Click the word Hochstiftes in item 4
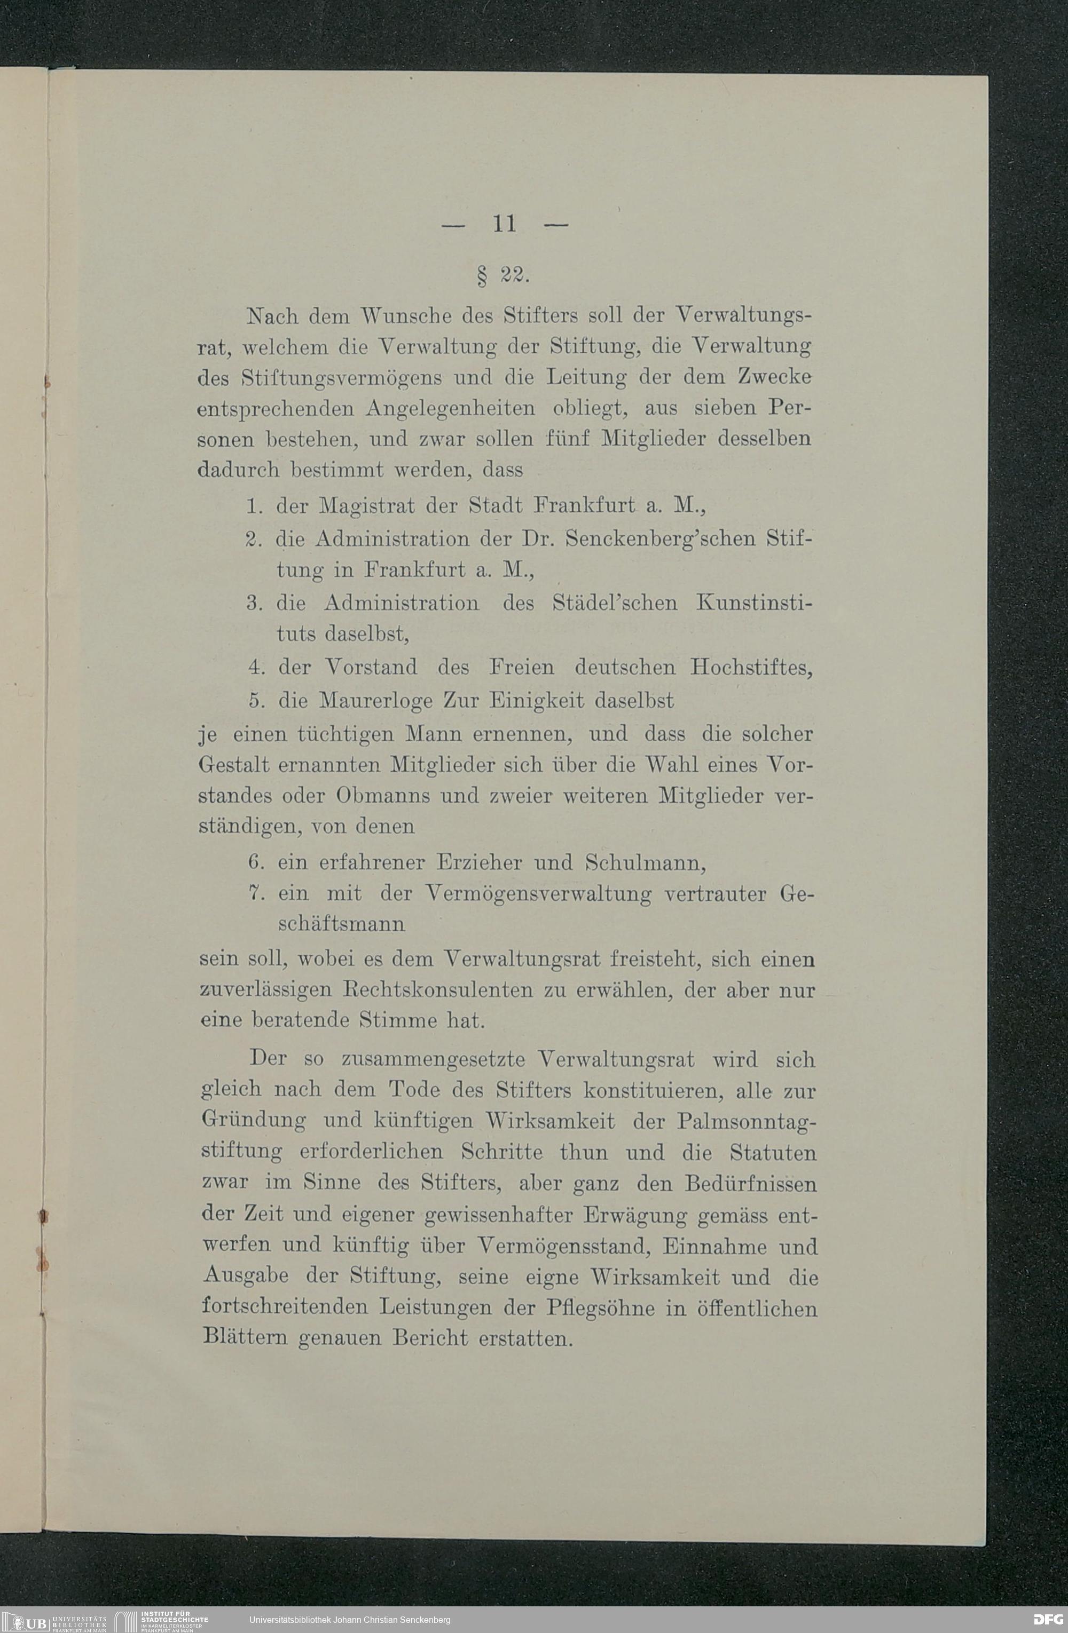click(751, 667)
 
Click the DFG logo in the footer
click(1048, 1619)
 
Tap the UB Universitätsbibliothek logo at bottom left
click(54, 1619)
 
